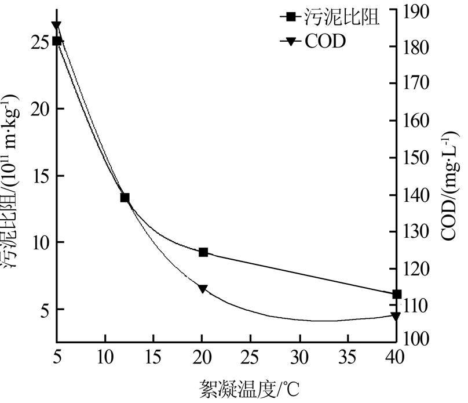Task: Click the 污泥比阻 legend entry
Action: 330,17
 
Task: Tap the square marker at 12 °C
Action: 125,198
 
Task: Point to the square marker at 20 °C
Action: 203,252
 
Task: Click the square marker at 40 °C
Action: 397,295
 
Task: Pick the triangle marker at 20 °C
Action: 203,289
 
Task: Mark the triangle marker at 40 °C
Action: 396,317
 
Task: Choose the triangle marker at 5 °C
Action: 56,26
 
